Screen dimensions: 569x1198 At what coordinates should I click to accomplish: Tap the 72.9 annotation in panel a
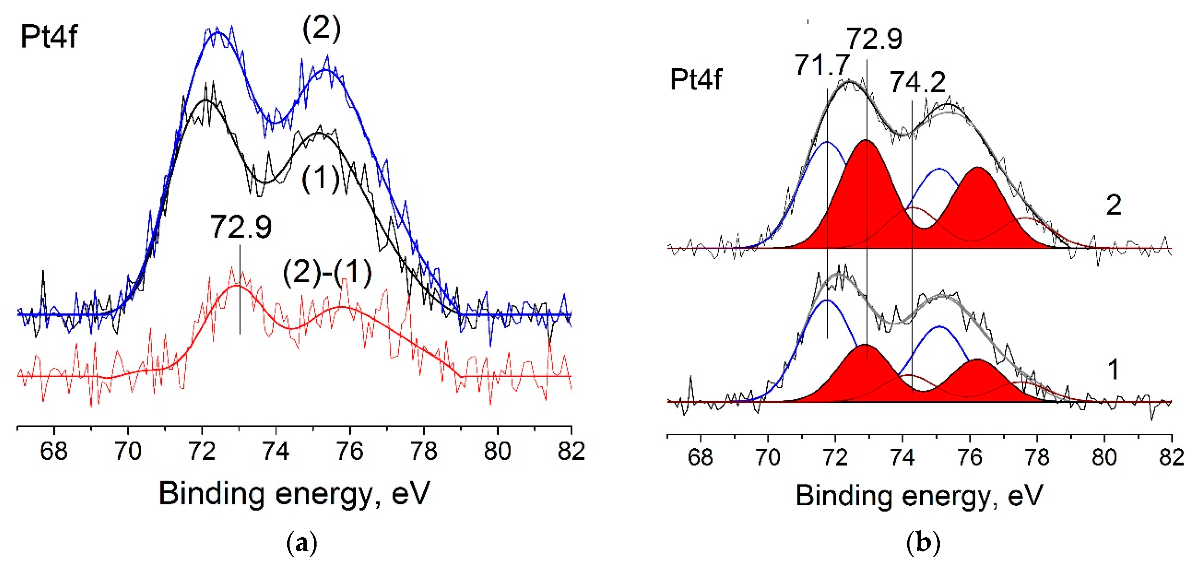tap(241, 227)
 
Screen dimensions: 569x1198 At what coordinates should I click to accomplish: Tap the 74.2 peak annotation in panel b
tap(917, 82)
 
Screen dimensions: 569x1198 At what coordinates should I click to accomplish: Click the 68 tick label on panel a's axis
tap(54, 451)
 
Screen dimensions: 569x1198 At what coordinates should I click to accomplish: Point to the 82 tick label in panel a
tap(571, 451)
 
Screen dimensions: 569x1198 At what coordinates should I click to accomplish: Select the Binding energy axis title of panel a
tap(294, 494)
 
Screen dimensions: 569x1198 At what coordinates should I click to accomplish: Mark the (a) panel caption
tap(302, 543)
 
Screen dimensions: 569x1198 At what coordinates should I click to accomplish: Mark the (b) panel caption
tap(923, 543)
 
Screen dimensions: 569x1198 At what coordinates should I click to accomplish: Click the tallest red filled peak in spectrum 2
tap(866, 195)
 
